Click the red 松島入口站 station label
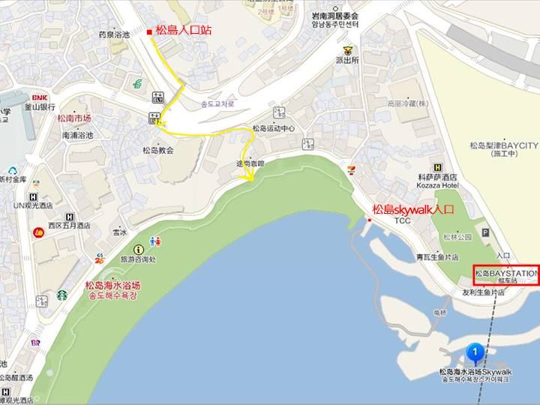(184, 31)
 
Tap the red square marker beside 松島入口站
(149, 31)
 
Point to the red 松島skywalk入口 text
(413, 210)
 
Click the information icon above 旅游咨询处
(137, 249)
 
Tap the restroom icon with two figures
(154, 241)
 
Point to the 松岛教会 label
(158, 150)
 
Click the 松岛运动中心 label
(273, 128)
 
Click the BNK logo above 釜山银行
(39, 97)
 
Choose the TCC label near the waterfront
(403, 220)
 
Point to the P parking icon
(485, 233)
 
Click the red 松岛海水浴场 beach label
(112, 285)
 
